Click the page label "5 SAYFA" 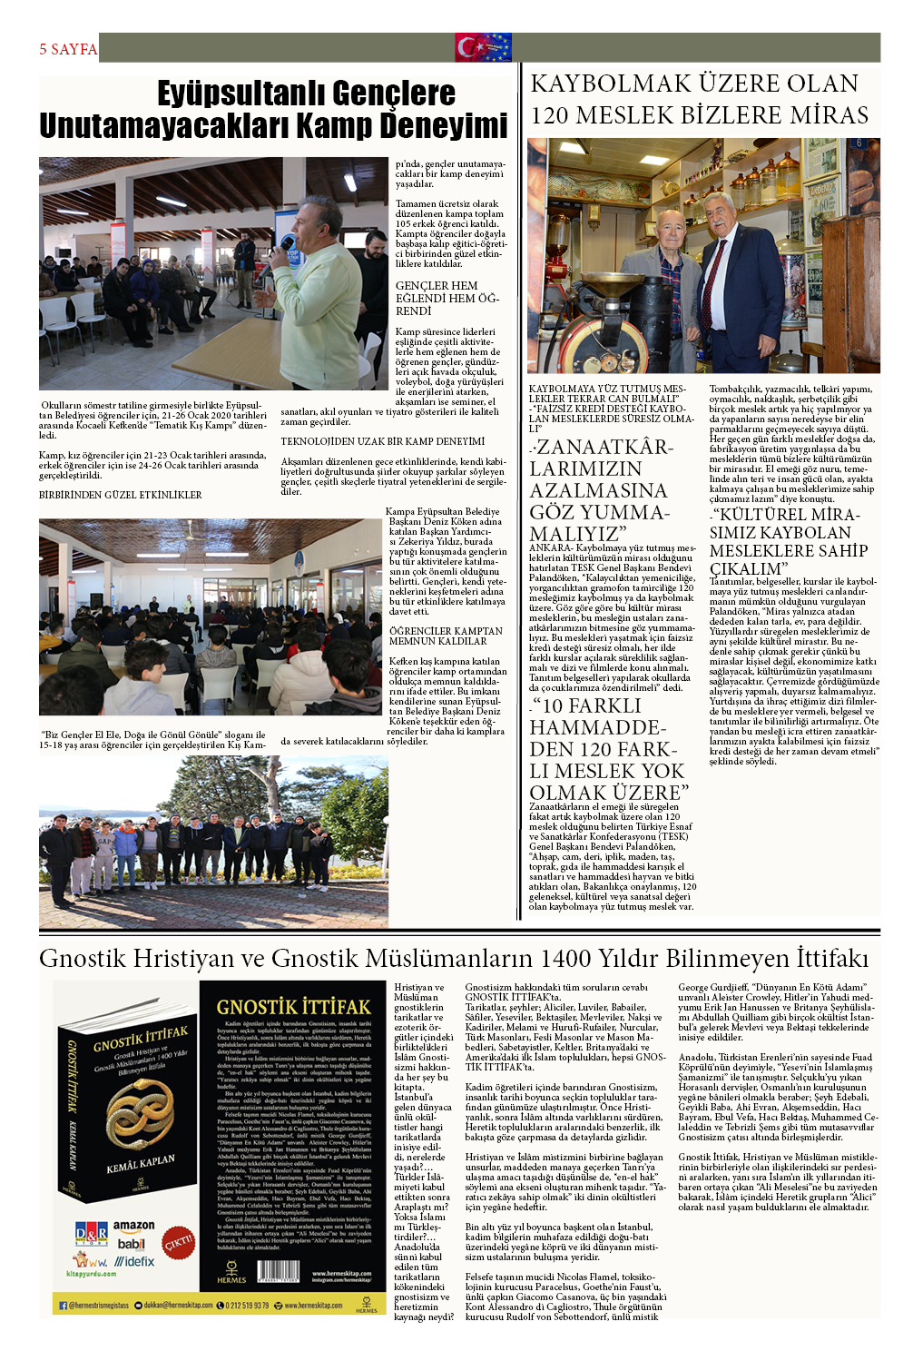[x=68, y=49]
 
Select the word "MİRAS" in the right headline [x=824, y=115]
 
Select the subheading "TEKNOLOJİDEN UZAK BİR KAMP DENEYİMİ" [x=382, y=441]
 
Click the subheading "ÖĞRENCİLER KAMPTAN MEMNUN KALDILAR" [x=446, y=636]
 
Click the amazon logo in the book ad [x=133, y=1226]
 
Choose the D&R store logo [x=91, y=1233]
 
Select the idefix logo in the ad [x=134, y=1261]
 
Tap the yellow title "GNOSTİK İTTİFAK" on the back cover [x=293, y=1006]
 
